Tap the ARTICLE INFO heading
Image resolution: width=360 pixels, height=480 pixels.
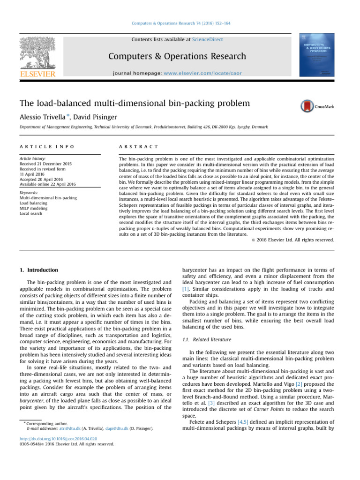click(46, 147)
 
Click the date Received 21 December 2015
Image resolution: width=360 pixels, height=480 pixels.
click(46, 164)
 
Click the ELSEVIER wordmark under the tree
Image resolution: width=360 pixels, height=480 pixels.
click(37, 74)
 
